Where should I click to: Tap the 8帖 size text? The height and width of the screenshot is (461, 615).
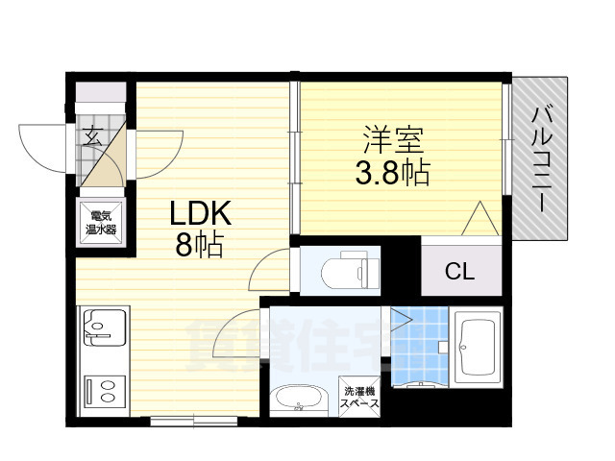199,246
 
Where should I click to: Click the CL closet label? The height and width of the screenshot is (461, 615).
458,272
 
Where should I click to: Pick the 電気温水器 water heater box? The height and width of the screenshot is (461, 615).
99,222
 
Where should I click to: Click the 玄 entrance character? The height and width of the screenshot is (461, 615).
93,136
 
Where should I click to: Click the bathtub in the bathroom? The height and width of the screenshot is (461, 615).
478,347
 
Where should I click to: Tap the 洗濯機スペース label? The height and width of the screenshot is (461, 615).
360,398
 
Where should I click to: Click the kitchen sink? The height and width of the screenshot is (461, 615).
101,327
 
